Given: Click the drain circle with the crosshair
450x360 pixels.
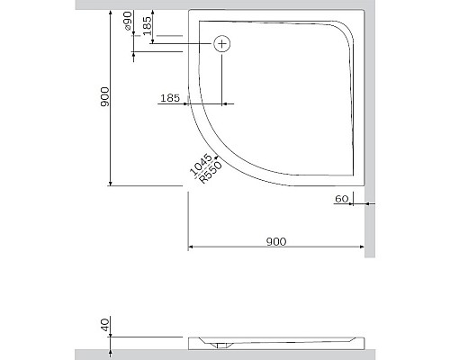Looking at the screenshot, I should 221,42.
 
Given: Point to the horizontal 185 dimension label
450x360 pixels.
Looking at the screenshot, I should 171,96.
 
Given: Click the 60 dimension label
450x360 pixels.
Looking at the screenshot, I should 341,198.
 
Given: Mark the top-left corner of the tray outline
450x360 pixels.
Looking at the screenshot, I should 190,13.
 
